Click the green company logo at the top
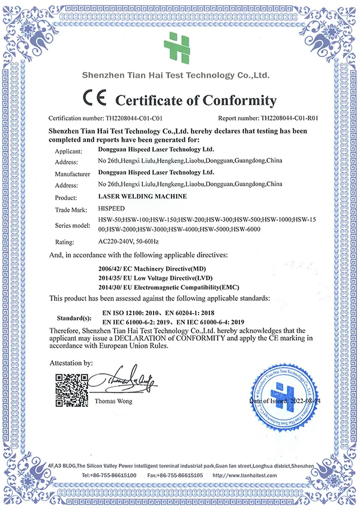pyautogui.click(x=179, y=46)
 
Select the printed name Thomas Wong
pyautogui.click(x=115, y=401)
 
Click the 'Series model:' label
pyautogui.click(x=74, y=226)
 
